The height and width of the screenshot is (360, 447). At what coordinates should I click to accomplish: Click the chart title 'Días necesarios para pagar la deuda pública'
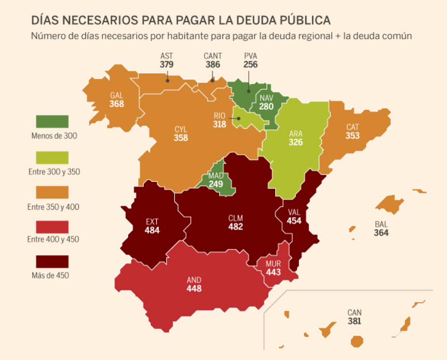[x=181, y=20]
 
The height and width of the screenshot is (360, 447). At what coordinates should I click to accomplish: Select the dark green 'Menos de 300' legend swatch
[x=52, y=122]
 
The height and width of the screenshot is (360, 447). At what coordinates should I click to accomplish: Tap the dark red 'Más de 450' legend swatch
[x=52, y=261]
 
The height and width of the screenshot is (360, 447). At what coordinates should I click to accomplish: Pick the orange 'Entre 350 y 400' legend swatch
[x=52, y=192]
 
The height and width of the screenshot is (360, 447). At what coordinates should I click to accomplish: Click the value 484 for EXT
[x=152, y=231]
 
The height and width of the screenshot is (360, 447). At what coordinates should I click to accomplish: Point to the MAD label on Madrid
[x=216, y=176]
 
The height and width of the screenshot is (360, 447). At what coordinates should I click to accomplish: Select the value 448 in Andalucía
[x=194, y=289]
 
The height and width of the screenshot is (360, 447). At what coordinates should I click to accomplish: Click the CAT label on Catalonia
[x=353, y=127]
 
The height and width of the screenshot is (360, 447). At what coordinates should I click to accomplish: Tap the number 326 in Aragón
[x=295, y=142]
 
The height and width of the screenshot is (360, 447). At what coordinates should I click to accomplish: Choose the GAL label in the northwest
[x=116, y=96]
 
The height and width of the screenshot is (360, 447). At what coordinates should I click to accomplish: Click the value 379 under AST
[x=167, y=65]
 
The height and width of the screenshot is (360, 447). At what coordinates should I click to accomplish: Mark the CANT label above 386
[x=213, y=57]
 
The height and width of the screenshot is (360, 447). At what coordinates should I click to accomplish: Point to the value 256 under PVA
[x=250, y=65]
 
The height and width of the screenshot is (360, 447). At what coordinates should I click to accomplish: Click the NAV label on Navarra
[x=266, y=98]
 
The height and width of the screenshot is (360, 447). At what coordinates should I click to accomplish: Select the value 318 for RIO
[x=220, y=125]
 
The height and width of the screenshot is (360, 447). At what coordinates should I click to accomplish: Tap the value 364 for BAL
[x=381, y=233]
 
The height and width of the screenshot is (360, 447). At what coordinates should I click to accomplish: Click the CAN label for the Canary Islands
[x=355, y=313]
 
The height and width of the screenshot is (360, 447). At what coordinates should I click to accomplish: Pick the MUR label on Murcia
[x=273, y=264]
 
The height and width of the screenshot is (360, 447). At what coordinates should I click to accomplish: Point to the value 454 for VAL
[x=294, y=221]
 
